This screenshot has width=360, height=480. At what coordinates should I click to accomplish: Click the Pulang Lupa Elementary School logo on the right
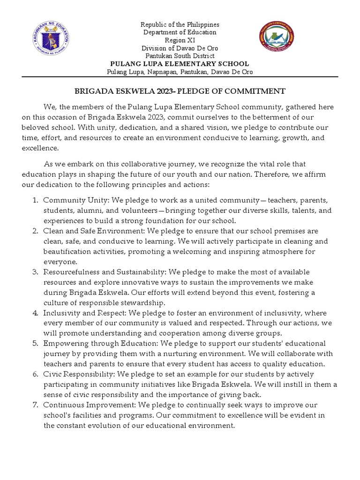point(277,40)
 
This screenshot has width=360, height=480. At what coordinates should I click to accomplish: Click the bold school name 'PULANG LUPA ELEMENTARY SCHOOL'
point(180,64)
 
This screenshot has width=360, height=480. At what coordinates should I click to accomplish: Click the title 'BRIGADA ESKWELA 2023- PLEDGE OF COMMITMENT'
point(180,91)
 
